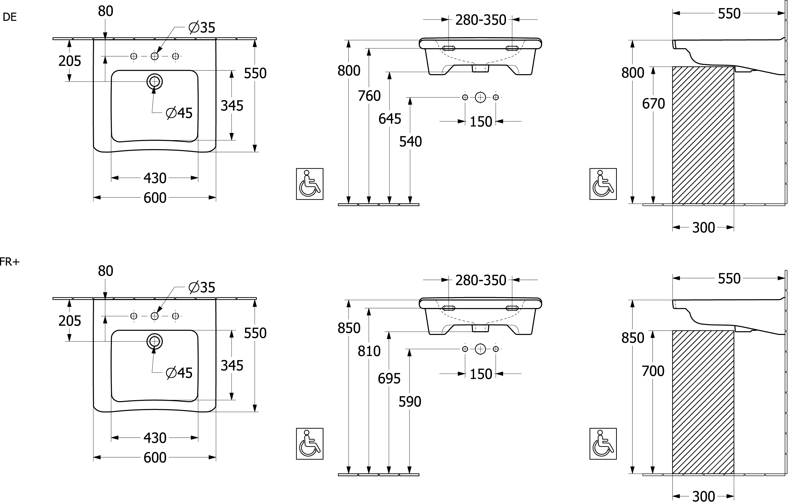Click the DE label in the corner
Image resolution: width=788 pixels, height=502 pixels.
coord(10,17)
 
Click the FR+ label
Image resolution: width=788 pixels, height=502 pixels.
coord(10,262)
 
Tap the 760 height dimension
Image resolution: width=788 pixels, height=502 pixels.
coord(369,96)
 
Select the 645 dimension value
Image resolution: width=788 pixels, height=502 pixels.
coord(389,119)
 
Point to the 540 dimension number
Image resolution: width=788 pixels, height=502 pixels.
coord(410,142)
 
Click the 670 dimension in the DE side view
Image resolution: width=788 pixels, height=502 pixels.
coord(653,104)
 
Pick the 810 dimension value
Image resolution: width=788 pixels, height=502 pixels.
coord(369,351)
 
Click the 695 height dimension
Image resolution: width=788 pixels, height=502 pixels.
coord(389,379)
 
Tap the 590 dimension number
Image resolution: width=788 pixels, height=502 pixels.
coord(410,402)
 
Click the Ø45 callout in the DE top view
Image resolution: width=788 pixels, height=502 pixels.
coord(179,113)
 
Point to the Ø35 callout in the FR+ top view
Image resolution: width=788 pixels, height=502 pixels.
coord(202,287)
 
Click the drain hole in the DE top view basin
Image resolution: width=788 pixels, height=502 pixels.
coord(154,81)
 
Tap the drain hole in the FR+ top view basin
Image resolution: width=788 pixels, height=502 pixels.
coord(154,341)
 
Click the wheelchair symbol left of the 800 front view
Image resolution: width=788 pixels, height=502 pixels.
coord(309,184)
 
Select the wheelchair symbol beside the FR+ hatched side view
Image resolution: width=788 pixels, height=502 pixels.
coord(603,444)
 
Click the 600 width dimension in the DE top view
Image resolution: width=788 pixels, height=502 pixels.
coord(155,198)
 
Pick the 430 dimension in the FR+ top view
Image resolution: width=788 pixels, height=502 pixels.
coord(155,438)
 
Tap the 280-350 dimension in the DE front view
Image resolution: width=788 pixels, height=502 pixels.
coord(481,20)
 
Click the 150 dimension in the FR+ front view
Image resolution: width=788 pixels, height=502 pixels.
coord(481,374)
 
